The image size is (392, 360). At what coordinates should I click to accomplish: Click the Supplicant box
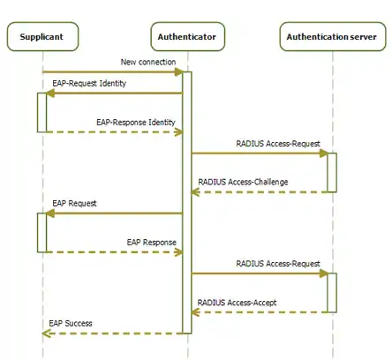[x=42, y=36]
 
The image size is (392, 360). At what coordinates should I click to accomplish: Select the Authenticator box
[x=188, y=36]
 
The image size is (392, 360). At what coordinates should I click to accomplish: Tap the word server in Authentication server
[x=362, y=37]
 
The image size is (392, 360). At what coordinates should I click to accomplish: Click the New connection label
[x=148, y=62]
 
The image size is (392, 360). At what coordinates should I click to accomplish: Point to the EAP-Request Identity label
[x=89, y=83]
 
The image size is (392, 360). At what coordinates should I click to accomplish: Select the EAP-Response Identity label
[x=136, y=122]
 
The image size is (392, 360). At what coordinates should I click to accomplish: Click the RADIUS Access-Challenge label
[x=243, y=182]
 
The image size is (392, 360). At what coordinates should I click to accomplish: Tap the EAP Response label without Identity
[x=152, y=243]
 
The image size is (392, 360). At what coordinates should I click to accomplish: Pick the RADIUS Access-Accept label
[x=237, y=303]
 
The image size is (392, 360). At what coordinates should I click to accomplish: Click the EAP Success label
[x=71, y=324]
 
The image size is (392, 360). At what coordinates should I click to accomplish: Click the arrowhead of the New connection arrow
[x=178, y=71]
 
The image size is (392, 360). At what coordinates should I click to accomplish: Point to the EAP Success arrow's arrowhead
[x=47, y=334]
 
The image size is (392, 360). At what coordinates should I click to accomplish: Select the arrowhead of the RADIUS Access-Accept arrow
[x=196, y=312]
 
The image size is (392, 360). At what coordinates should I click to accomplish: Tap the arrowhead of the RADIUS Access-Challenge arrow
[x=196, y=192]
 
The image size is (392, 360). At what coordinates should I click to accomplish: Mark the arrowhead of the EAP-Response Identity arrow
[x=178, y=132]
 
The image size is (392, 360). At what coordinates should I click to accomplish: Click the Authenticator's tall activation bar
[x=187, y=203]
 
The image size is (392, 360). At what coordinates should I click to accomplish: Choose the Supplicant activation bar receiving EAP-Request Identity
[x=41, y=112]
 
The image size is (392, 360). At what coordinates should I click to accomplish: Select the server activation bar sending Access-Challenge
[x=332, y=172]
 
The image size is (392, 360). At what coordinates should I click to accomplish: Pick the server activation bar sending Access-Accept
[x=332, y=293]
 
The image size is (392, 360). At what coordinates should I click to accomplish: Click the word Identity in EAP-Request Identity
[x=113, y=83]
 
